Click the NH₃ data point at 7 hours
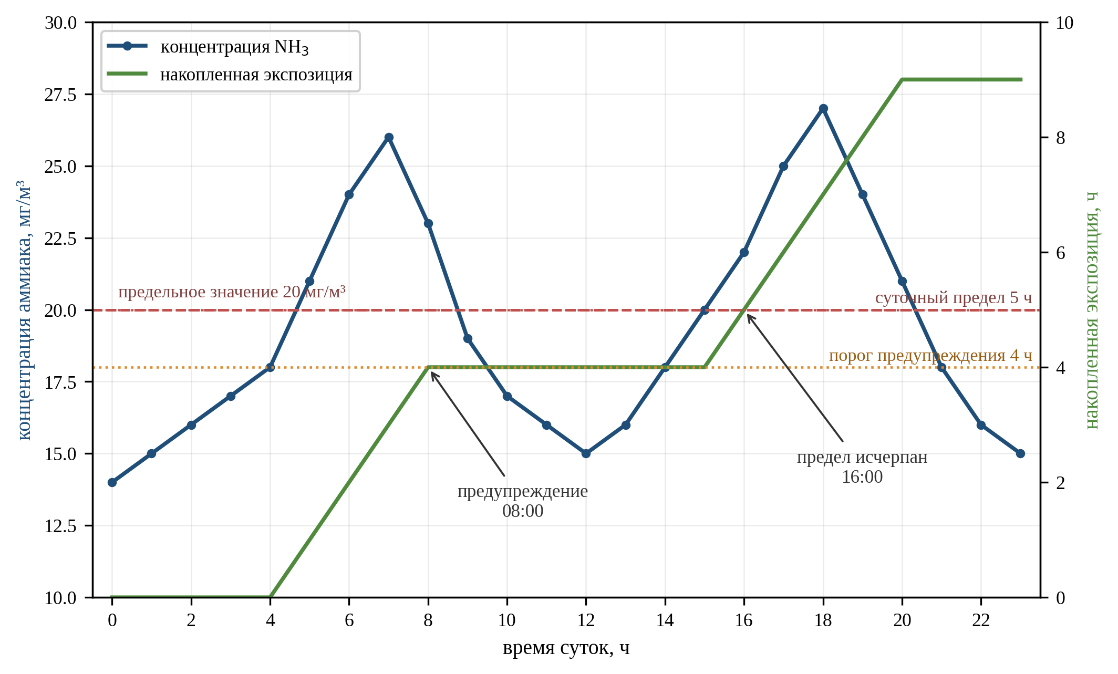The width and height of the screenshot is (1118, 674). click(389, 138)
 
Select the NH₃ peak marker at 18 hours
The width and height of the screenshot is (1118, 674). click(823, 109)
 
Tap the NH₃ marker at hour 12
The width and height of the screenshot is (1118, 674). click(586, 453)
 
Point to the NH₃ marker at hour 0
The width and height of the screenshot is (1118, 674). click(112, 482)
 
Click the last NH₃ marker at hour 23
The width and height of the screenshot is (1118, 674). click(1020, 453)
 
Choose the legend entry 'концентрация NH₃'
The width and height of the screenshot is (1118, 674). click(208, 47)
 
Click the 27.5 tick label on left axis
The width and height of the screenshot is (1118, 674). click(60, 95)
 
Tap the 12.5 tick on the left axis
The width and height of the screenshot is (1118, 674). click(60, 525)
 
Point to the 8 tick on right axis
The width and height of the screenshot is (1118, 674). click(1060, 138)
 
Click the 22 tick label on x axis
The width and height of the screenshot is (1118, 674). click(981, 620)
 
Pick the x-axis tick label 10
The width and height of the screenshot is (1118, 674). click(507, 620)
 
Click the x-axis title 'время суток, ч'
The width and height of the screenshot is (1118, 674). click(566, 648)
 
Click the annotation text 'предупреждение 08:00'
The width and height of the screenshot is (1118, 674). click(523, 501)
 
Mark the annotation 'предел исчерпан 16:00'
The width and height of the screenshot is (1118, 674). click(862, 466)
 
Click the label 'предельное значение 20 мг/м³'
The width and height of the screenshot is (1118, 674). click(232, 292)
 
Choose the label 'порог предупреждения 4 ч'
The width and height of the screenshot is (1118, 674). click(930, 356)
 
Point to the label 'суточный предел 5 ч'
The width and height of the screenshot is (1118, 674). click(954, 298)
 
